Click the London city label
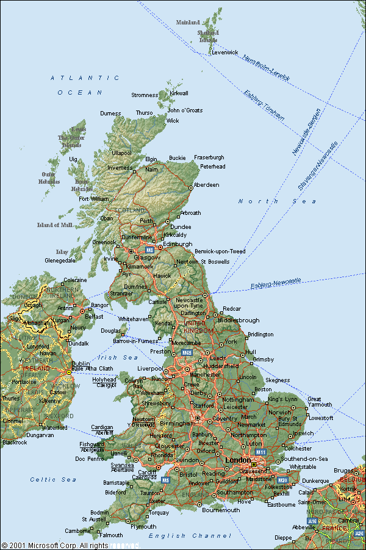[237, 460]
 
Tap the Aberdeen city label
[206, 185]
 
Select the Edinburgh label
[178, 244]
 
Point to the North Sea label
[277, 201]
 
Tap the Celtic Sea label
[54, 480]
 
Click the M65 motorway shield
[187, 352]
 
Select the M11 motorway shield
[262, 452]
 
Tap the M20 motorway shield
[282, 480]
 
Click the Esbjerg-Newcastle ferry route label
[276, 283]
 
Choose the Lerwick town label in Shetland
[224, 52]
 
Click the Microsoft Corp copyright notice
[55, 545]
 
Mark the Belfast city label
[95, 317]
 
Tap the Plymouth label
[143, 526]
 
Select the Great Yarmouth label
[320, 402]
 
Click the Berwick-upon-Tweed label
[220, 251]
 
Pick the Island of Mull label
[55, 225]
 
